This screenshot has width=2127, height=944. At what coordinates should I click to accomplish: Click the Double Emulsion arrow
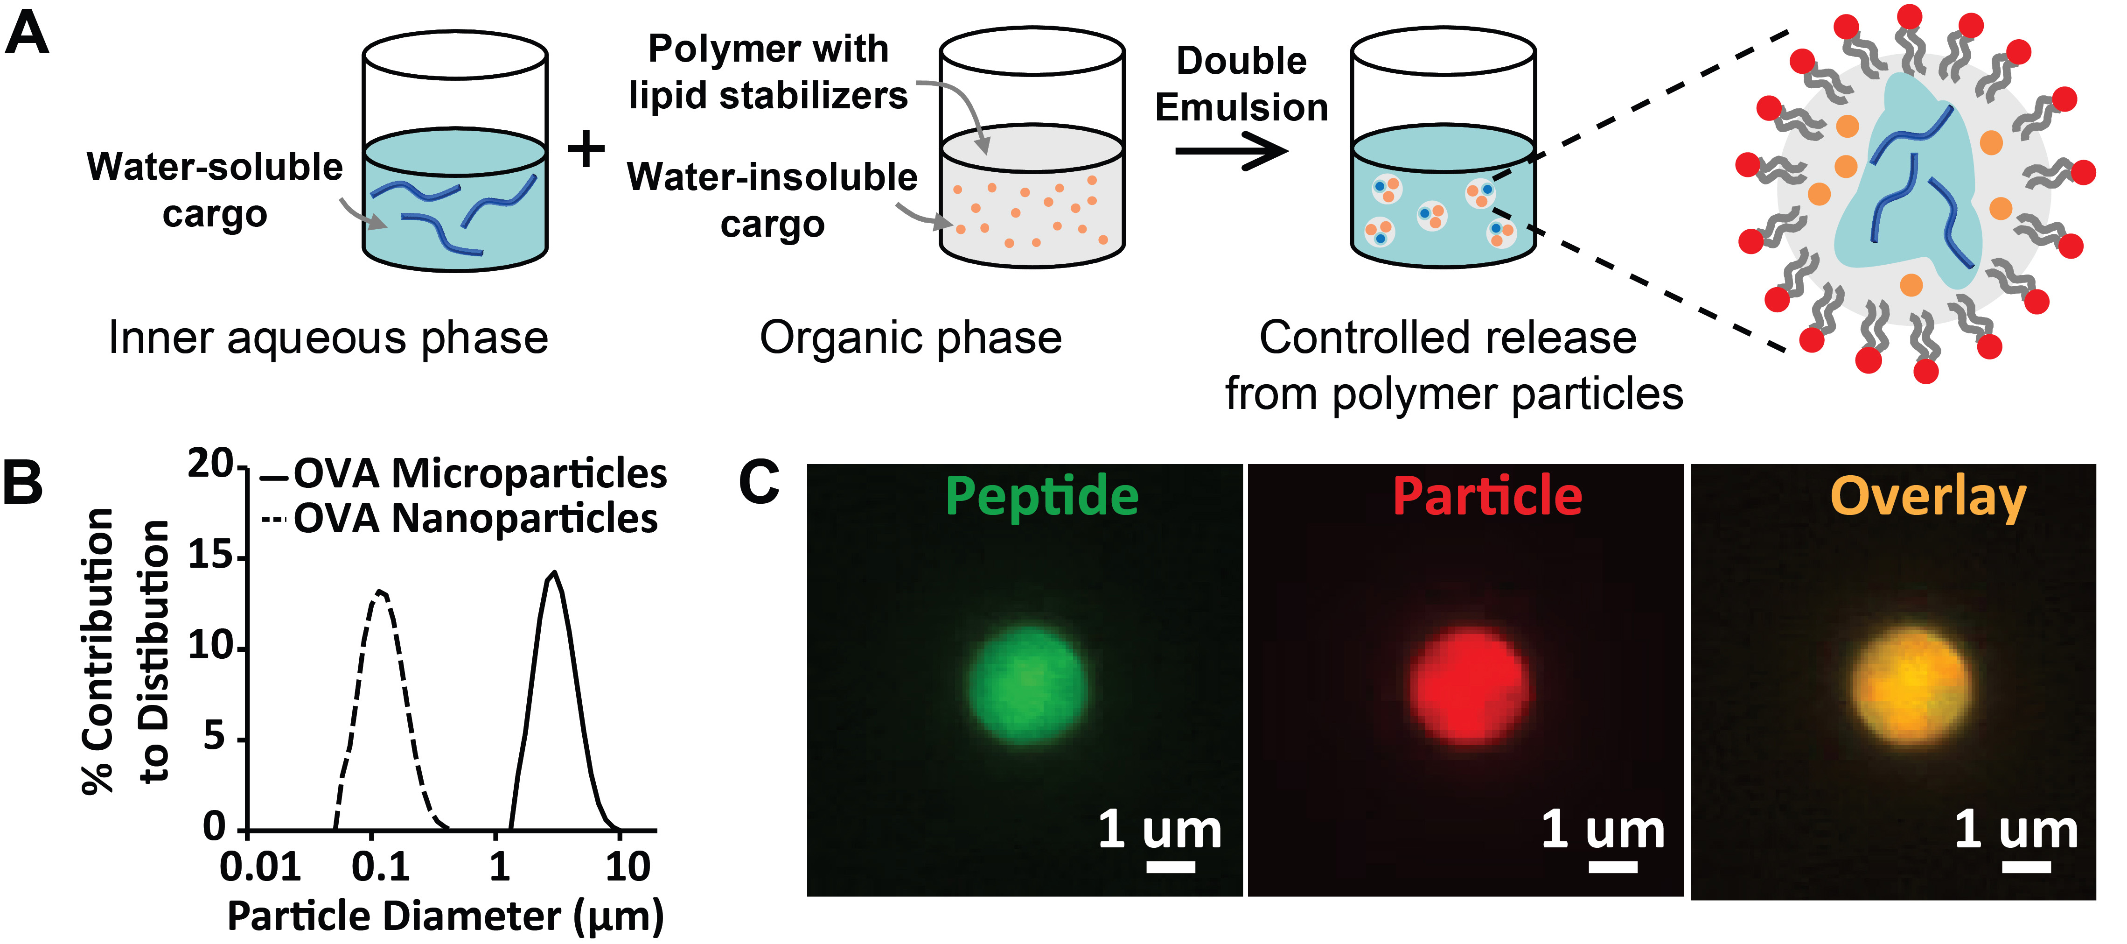[x=1230, y=151]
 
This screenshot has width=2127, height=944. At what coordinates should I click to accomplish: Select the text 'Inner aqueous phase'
[x=328, y=338]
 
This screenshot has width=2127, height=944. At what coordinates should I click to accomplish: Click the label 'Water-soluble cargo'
[x=215, y=190]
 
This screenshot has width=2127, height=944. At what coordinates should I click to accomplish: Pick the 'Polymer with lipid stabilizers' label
[x=768, y=72]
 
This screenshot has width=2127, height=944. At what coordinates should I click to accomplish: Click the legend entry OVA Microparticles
[x=479, y=474]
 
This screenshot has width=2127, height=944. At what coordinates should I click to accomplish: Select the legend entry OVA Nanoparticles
[x=475, y=519]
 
